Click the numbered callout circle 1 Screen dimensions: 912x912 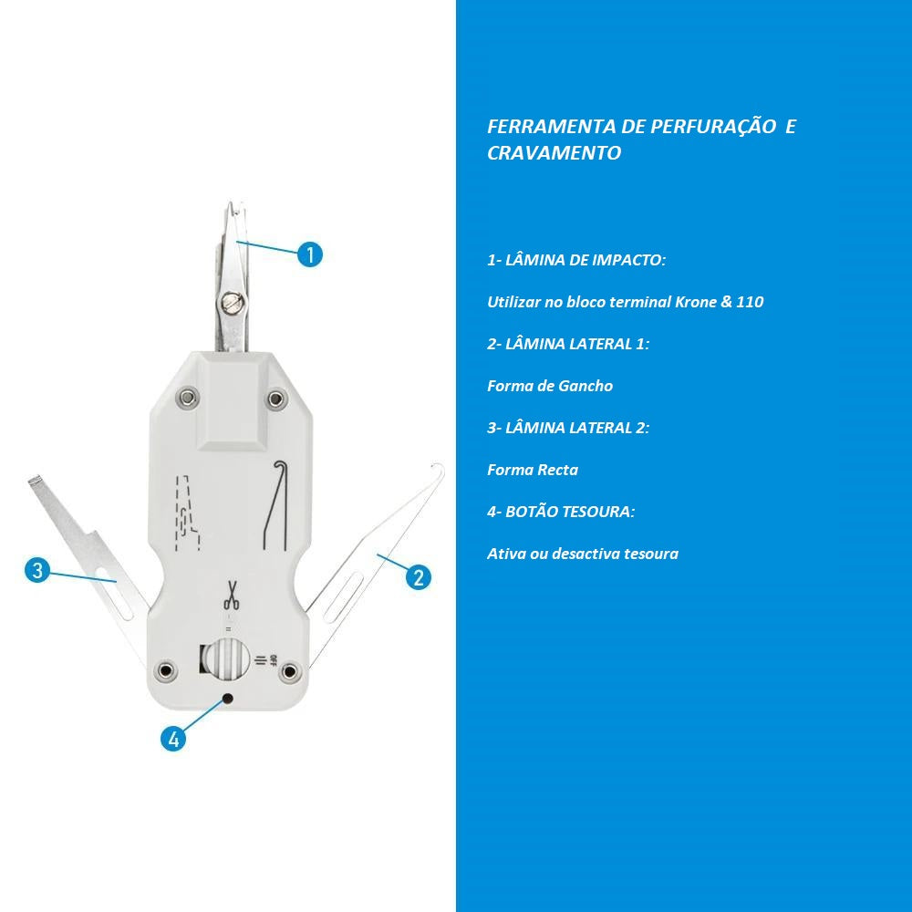click(310, 254)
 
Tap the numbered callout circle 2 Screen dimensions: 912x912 click(419, 577)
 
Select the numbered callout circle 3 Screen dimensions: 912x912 click(37, 570)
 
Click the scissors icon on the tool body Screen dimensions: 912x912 click(232, 595)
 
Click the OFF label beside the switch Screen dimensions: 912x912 click(273, 660)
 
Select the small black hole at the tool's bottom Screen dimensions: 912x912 click(229, 698)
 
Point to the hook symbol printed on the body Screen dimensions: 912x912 click(275, 504)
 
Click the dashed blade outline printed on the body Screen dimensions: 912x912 click(188, 513)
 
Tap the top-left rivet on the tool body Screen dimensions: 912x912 click(187, 398)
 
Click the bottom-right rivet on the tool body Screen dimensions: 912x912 click(288, 672)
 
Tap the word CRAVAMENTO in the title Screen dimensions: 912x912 click(554, 152)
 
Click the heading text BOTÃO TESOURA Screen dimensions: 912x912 click(569, 512)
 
